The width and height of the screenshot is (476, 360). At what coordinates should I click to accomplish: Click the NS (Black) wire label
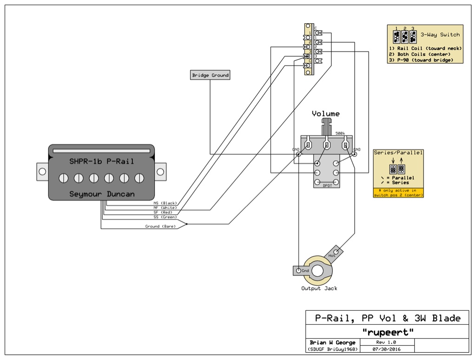[x=165, y=203]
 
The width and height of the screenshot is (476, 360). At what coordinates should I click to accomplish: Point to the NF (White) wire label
[x=165, y=207]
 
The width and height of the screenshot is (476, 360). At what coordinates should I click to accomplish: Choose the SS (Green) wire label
[x=165, y=217]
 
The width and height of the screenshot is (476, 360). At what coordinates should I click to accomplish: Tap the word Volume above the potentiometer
[x=325, y=113]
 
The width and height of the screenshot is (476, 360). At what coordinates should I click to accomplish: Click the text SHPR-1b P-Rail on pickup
[x=101, y=161]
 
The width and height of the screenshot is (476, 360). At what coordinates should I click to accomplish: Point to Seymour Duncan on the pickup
[x=101, y=193]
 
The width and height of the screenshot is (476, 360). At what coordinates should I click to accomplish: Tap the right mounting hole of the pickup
[x=160, y=172]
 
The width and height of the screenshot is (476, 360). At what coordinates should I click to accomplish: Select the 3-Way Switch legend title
[x=440, y=34]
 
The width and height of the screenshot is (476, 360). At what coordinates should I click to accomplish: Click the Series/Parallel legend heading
[x=398, y=153]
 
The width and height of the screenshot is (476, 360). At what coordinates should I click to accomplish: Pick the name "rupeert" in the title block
[x=387, y=332]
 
